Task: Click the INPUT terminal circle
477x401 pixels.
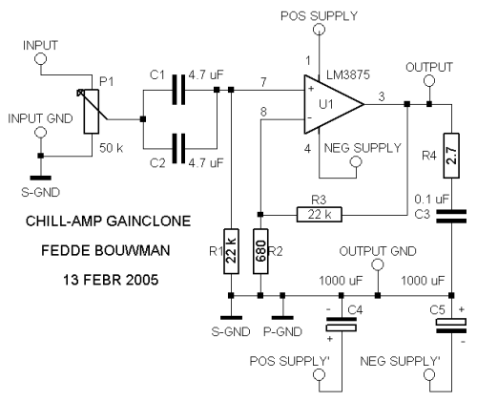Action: [x=40, y=59]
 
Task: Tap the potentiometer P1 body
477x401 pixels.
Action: [x=92, y=112]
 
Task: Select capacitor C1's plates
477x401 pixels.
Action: [x=178, y=90]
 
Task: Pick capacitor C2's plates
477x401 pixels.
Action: [x=178, y=148]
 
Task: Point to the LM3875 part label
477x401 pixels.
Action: [x=348, y=74]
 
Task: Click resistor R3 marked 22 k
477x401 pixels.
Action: [x=320, y=214]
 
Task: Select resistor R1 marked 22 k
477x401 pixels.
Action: [x=231, y=251]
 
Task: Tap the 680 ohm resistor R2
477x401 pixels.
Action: [x=260, y=251]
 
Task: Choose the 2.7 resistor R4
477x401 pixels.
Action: [x=451, y=156]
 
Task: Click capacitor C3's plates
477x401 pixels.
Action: [x=451, y=216]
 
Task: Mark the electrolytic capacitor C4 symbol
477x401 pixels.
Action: [x=342, y=325]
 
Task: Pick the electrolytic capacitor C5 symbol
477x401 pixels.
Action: [x=451, y=326]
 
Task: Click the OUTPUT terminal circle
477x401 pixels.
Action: [x=429, y=81]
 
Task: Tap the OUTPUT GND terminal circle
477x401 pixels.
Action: [x=378, y=264]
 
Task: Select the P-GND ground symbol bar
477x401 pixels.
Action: [x=282, y=318]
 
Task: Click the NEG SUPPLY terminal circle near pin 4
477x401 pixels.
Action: [x=356, y=162]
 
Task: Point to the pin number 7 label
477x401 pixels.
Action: [x=263, y=82]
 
